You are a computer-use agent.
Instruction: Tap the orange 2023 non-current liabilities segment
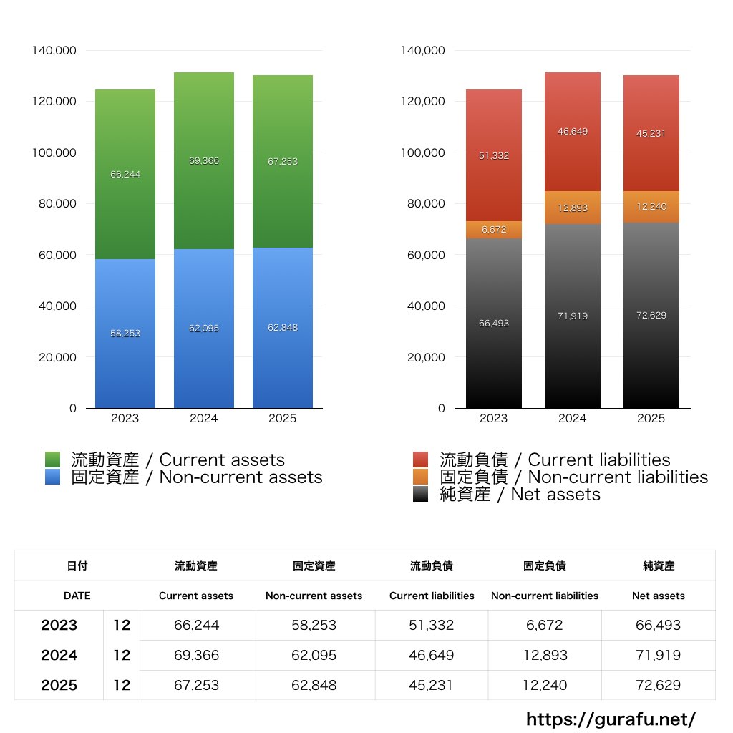(493, 230)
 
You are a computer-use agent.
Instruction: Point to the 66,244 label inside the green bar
(125, 174)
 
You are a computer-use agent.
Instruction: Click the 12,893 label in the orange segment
(572, 208)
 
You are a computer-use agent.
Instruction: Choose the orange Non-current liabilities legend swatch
(421, 477)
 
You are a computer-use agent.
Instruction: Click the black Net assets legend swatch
(421, 494)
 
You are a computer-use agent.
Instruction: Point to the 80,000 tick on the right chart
(424, 203)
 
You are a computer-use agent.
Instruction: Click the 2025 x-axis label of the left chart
(282, 419)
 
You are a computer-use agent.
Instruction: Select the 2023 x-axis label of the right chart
(493, 419)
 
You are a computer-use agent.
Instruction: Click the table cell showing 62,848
(314, 685)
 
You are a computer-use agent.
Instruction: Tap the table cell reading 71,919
(658, 655)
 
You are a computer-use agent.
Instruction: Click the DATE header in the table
(77, 596)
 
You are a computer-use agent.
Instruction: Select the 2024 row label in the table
(59, 655)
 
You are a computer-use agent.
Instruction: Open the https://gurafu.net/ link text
(611, 719)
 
